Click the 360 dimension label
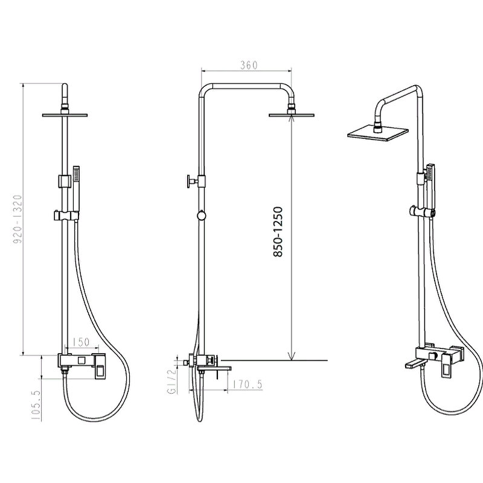click(249, 65)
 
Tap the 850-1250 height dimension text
click(278, 232)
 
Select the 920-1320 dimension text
click(18, 219)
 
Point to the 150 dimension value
click(82, 342)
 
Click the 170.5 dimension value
click(248, 384)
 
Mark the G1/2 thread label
click(172, 382)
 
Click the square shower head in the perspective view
click(378, 132)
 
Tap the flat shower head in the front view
click(65, 115)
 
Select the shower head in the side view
click(292, 115)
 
